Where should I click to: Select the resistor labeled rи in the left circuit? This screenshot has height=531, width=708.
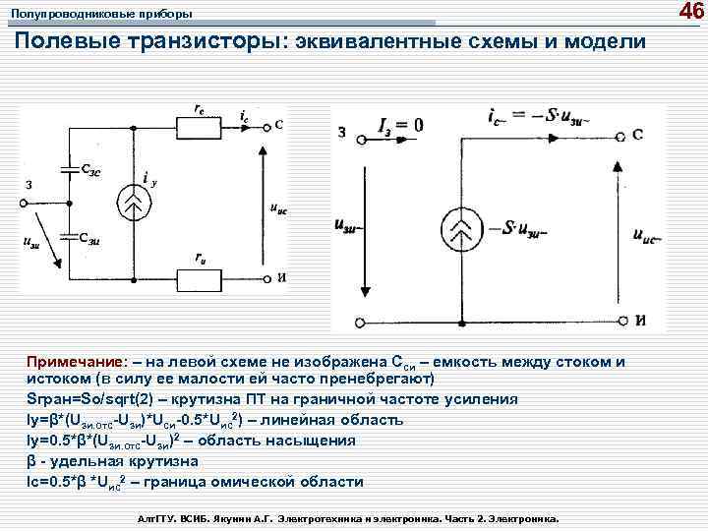click(x=200, y=280)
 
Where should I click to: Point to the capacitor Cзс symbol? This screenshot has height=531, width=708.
click(x=69, y=169)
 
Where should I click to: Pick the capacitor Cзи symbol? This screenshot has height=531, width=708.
click(x=69, y=236)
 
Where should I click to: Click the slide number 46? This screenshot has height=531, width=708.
click(x=691, y=12)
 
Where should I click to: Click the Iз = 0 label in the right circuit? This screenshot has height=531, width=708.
click(x=399, y=125)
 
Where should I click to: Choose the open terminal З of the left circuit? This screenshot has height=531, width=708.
click(x=23, y=203)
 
